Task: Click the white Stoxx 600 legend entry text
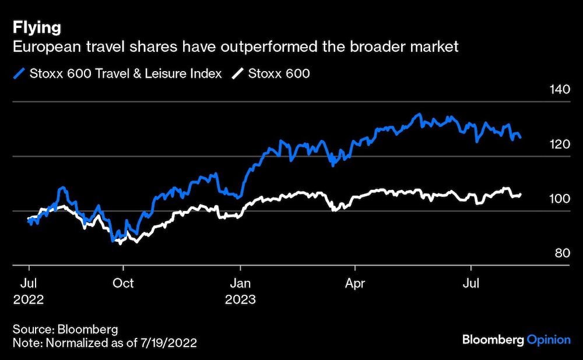[x=279, y=74]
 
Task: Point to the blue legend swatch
[x=20, y=74]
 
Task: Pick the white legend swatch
[x=237, y=74]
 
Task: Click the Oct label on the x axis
[x=123, y=284]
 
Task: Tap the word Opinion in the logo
[x=549, y=340]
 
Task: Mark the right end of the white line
[x=520, y=195]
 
